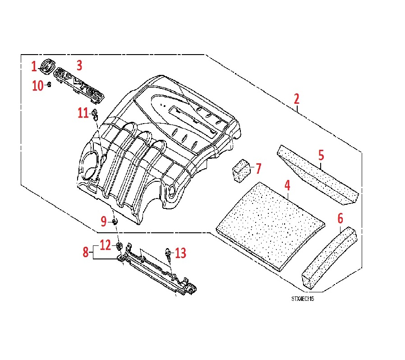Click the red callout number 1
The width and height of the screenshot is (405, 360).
coord(34,67)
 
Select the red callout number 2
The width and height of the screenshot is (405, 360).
coord(296,99)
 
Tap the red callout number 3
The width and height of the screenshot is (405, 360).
coord(79,65)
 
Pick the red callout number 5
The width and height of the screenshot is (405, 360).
coord(321,156)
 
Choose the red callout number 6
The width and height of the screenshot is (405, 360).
coord(340,219)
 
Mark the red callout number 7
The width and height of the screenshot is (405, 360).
coord(258,169)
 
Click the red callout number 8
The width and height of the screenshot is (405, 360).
coord(86,252)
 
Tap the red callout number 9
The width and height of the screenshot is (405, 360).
coord(104,221)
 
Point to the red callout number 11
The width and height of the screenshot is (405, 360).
coord(83,113)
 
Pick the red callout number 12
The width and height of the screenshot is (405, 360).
coord(105,245)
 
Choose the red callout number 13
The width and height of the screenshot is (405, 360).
coord(180,254)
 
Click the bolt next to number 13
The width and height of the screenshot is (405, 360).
coord(168,255)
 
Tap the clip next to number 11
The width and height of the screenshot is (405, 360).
coord(94,114)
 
